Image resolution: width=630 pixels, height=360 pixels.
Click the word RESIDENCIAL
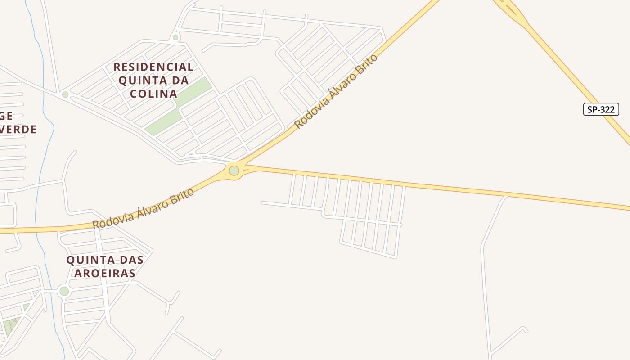point(153,67)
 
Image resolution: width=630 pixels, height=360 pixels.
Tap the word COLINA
point(153,94)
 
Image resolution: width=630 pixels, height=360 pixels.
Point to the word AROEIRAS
point(105,273)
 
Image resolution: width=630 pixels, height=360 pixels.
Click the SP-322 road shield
point(601,109)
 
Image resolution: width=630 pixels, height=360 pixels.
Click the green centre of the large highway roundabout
point(234,171)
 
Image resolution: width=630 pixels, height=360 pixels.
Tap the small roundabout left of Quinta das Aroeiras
point(64,291)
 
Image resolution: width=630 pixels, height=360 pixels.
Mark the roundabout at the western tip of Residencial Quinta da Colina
point(65,94)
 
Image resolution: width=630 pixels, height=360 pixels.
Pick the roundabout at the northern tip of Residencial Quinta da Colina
point(175,37)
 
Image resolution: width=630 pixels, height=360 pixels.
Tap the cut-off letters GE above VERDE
point(6,117)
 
